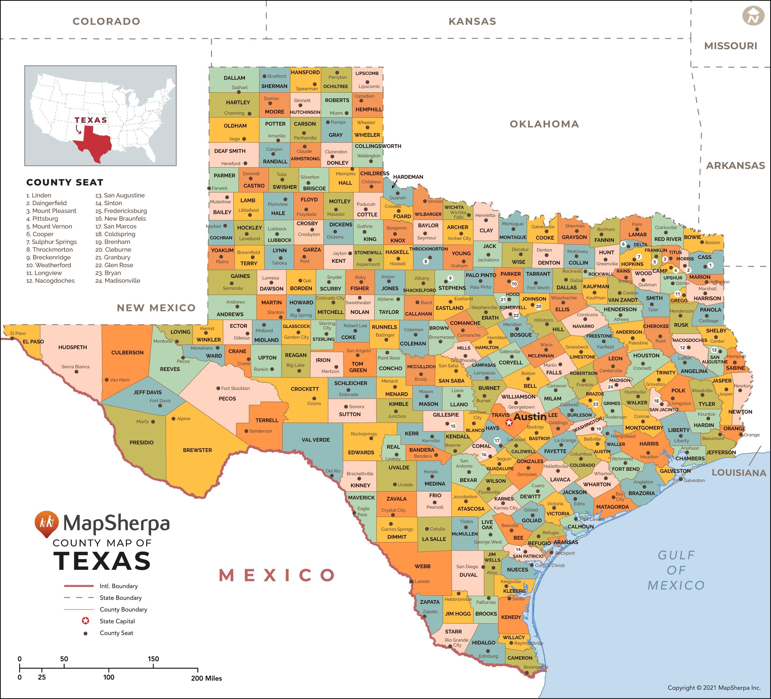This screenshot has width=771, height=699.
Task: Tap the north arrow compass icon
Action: (x=753, y=16)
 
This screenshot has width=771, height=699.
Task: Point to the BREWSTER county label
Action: (x=197, y=450)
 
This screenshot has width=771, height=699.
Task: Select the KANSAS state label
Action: (x=472, y=21)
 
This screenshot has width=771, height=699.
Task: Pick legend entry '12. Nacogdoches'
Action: (x=51, y=281)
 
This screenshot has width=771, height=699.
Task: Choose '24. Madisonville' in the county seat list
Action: (x=118, y=281)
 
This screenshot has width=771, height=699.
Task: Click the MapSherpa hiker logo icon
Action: (x=47, y=523)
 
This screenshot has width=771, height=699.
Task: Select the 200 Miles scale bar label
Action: (x=206, y=678)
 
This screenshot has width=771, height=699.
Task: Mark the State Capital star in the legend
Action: (x=86, y=621)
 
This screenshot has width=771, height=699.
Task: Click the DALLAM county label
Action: (x=235, y=78)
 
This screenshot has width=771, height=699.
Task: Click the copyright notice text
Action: (x=714, y=687)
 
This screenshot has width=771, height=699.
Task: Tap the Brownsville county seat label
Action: (x=535, y=667)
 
